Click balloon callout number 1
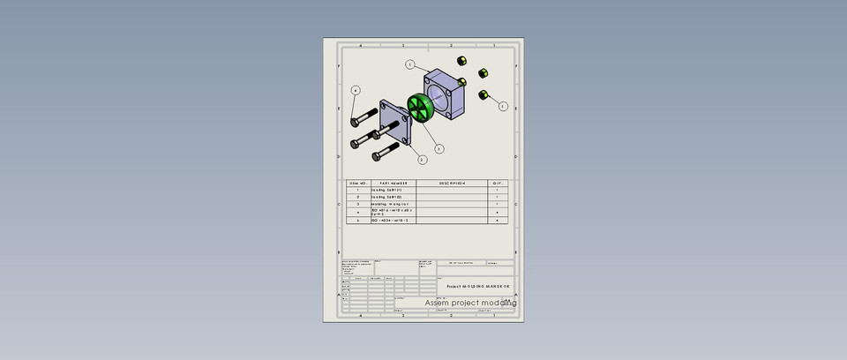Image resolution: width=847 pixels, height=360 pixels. [410, 64]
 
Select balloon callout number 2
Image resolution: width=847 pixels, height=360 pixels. [423, 160]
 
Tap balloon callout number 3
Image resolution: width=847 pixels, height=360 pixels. [438, 149]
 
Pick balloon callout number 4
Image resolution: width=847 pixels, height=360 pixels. [356, 90]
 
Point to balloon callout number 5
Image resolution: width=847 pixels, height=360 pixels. [503, 106]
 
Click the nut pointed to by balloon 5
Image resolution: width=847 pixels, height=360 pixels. [483, 94]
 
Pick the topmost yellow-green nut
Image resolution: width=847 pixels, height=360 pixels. [461, 59]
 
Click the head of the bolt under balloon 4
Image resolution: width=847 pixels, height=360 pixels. [355, 121]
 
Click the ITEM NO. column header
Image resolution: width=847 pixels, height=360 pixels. [357, 184]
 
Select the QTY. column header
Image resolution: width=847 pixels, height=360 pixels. [498, 184]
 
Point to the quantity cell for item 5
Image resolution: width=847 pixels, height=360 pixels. [498, 221]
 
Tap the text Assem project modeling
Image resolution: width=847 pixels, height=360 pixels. [470, 303]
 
